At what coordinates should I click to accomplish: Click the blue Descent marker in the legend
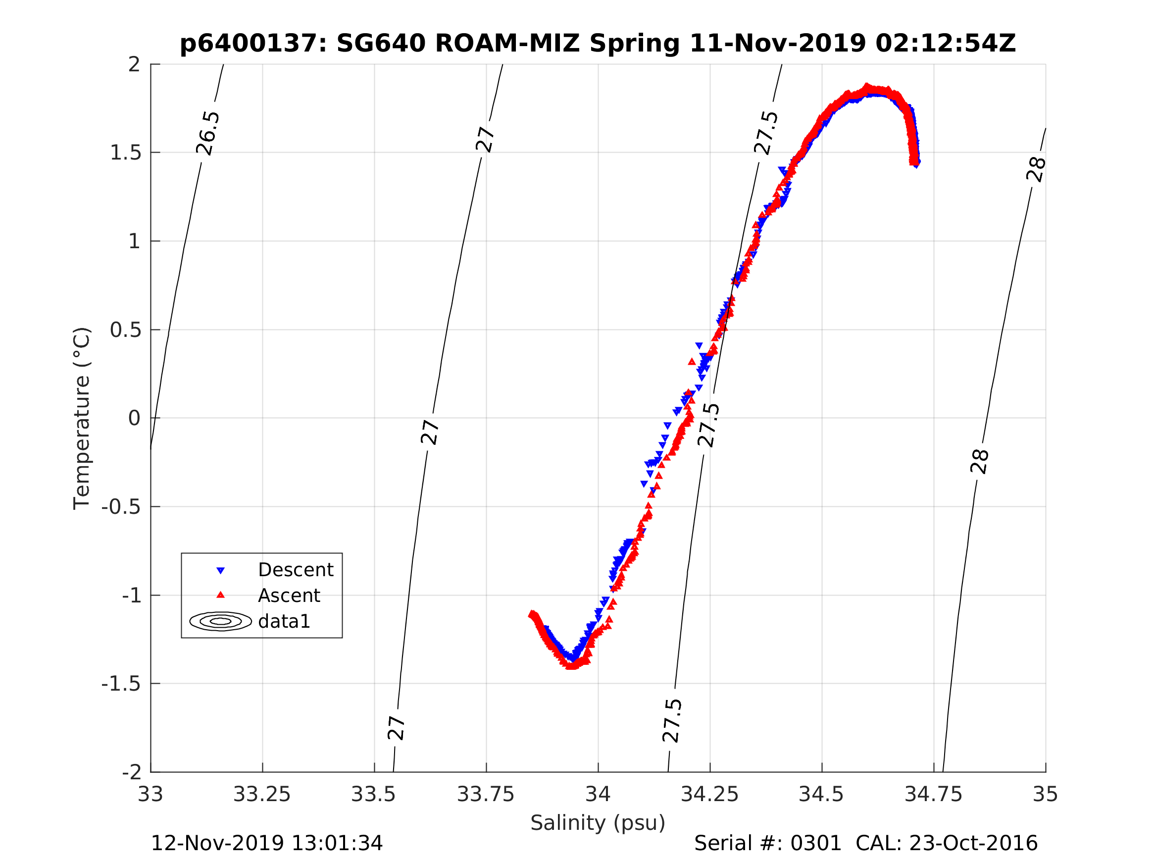tap(220, 571)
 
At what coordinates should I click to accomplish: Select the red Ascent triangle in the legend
tap(220, 595)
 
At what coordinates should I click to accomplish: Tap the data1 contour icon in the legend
tap(220, 621)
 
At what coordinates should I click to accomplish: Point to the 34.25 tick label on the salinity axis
tap(709, 794)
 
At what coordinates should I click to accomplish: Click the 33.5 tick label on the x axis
tap(373, 794)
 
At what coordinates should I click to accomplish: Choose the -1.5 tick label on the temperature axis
tap(121, 684)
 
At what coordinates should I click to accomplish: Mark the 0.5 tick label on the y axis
tap(125, 330)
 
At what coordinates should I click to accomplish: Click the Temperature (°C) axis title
tap(82, 418)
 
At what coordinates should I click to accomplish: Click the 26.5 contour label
tap(208, 133)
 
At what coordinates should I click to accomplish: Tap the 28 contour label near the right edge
tap(1036, 169)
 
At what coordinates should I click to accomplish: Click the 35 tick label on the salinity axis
tap(1046, 794)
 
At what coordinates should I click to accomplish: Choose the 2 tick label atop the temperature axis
tap(134, 65)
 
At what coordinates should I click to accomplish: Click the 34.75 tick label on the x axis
tap(934, 794)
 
